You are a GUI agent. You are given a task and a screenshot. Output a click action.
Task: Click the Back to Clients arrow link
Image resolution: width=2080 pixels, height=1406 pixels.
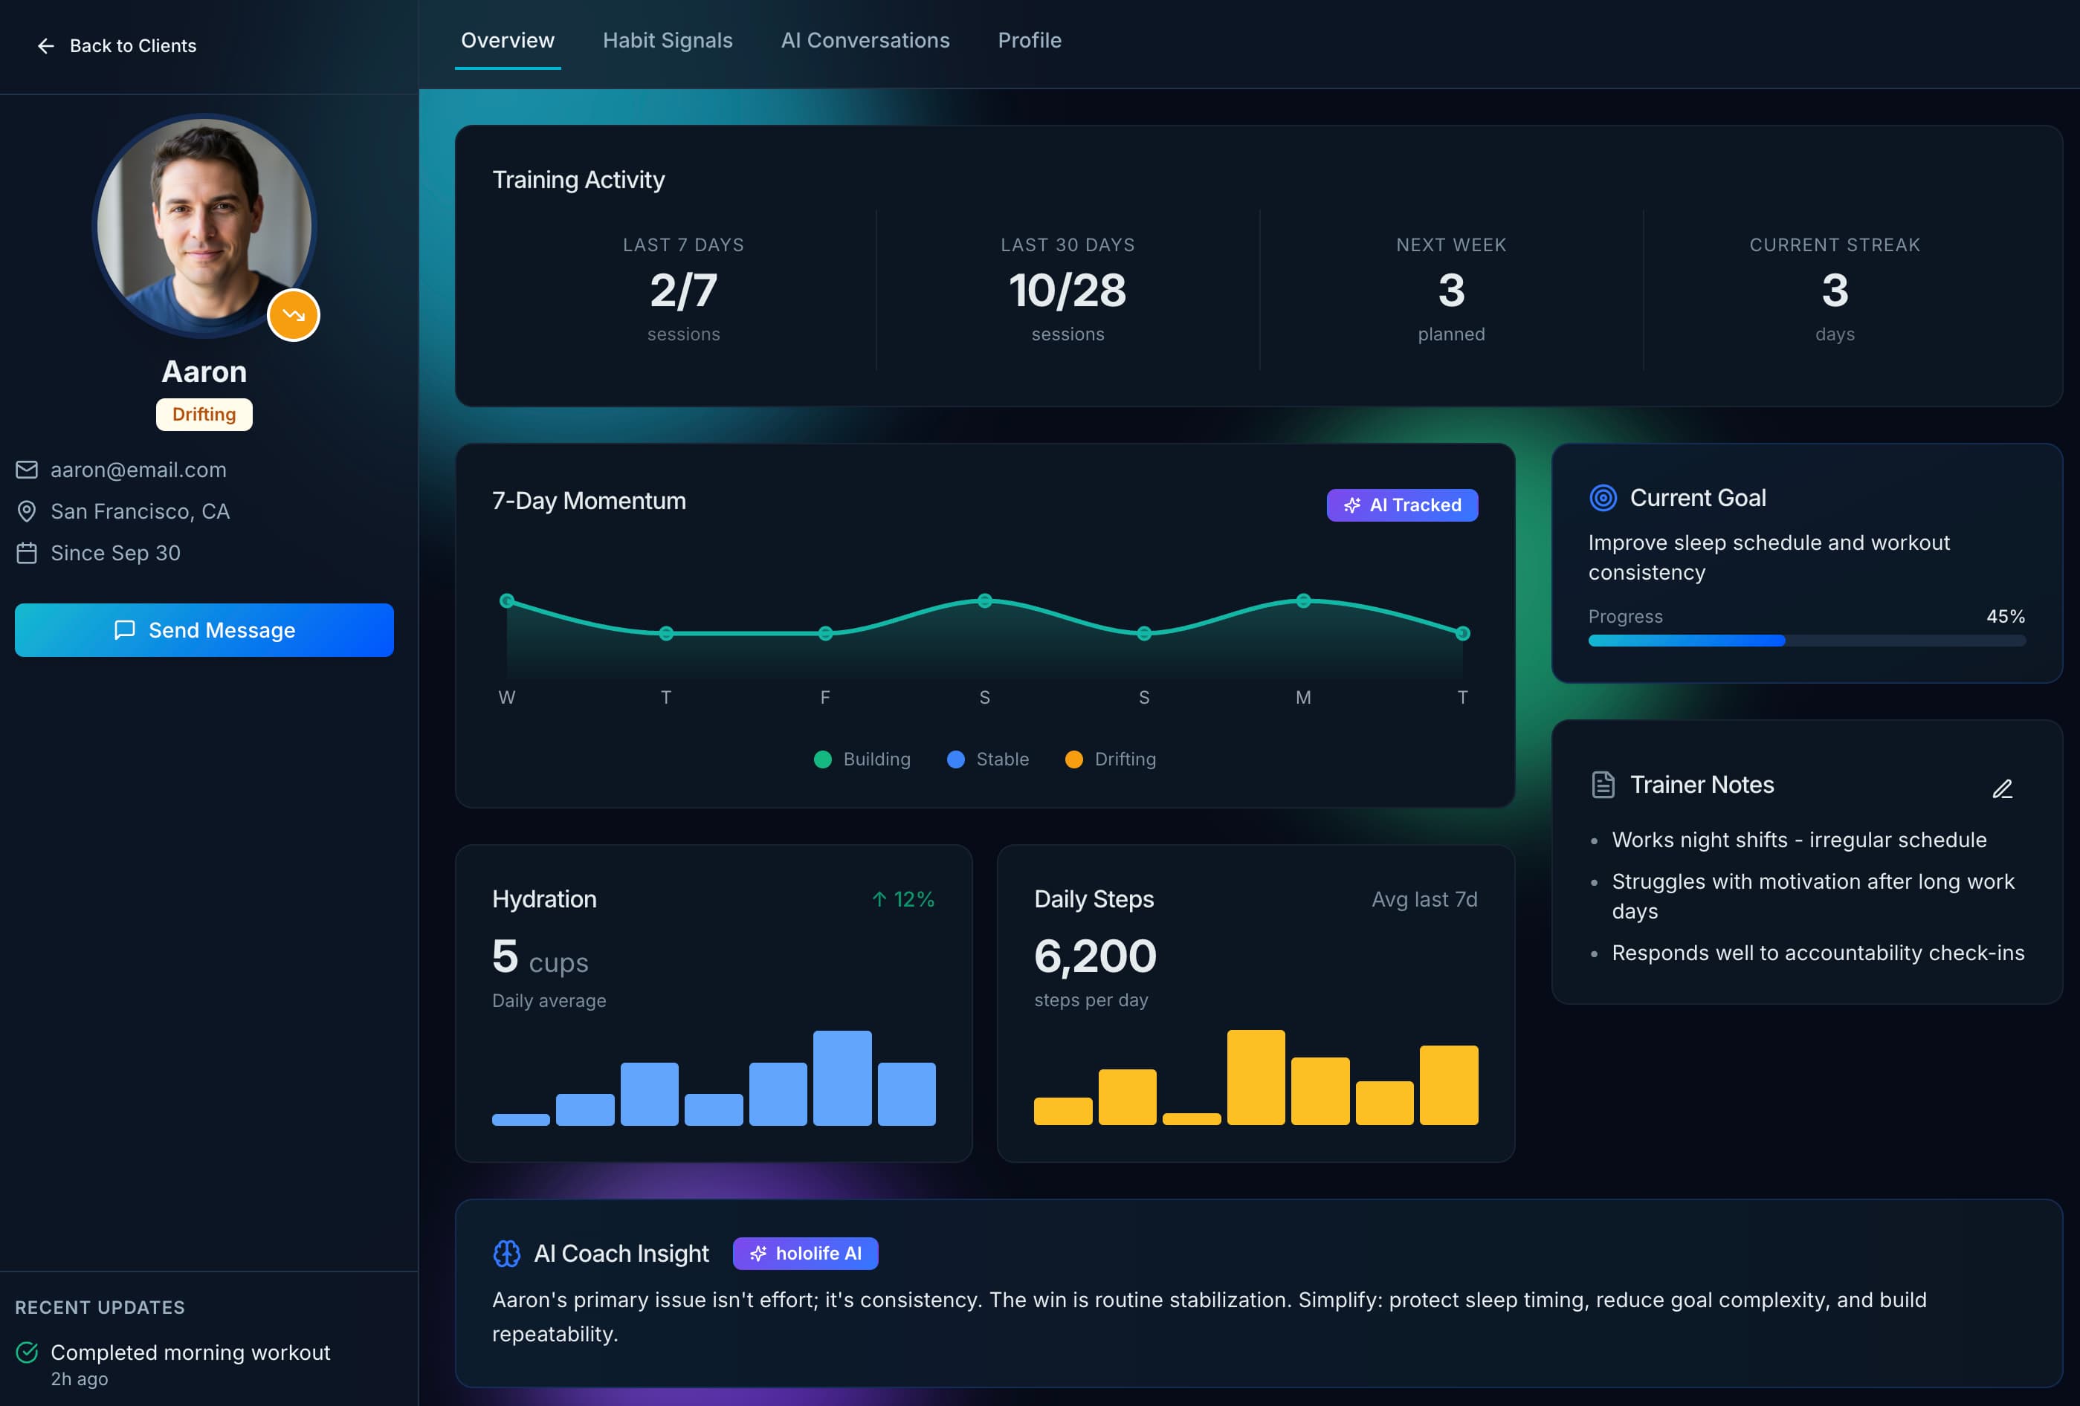[x=117, y=45]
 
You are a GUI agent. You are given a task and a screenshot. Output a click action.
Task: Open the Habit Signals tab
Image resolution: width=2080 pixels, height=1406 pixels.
[x=667, y=40]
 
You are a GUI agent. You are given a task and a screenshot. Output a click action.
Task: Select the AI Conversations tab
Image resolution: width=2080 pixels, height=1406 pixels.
[x=865, y=40]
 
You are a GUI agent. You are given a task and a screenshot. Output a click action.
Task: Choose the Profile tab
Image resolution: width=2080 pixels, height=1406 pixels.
[x=1030, y=40]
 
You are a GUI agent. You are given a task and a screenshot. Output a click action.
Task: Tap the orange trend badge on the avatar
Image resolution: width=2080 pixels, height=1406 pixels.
[x=294, y=315]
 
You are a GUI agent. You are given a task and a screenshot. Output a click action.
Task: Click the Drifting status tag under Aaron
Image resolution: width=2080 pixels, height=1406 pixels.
[x=204, y=415]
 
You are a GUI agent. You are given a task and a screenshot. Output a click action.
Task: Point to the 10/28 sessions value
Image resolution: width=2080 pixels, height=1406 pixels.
[x=1067, y=290]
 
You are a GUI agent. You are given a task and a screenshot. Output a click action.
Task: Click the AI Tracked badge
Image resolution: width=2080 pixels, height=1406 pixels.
[x=1401, y=505]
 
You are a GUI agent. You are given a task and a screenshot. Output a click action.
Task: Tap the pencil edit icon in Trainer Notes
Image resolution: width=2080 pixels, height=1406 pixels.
[x=2002, y=788]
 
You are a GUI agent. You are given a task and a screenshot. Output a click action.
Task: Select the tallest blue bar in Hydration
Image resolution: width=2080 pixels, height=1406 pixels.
[x=842, y=1078]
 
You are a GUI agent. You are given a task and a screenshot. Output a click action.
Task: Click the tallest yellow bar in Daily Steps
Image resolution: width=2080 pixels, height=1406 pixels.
[x=1255, y=1077]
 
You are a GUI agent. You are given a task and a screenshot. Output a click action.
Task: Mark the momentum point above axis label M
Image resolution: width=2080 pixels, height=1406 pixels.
[x=1303, y=600]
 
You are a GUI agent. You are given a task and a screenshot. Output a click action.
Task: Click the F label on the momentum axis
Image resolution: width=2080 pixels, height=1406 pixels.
[x=824, y=697]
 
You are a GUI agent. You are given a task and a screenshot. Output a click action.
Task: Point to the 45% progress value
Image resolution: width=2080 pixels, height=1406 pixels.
[x=2005, y=617]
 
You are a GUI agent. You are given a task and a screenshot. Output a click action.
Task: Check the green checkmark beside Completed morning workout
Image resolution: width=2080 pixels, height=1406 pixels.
[x=27, y=1352]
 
